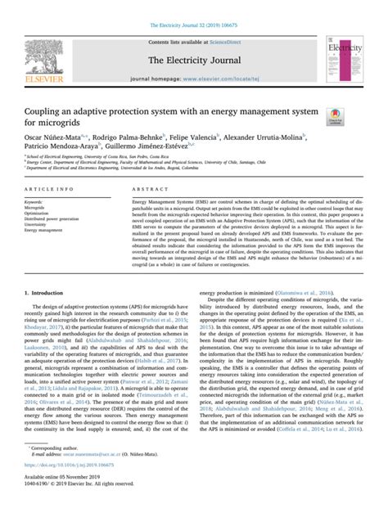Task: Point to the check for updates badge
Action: pos(336,119)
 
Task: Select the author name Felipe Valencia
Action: pos(195,137)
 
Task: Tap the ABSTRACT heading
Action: pos(147,188)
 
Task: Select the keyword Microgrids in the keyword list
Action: pos(38,208)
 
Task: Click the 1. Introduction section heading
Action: pos(45,290)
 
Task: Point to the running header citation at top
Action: pos(193,7)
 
